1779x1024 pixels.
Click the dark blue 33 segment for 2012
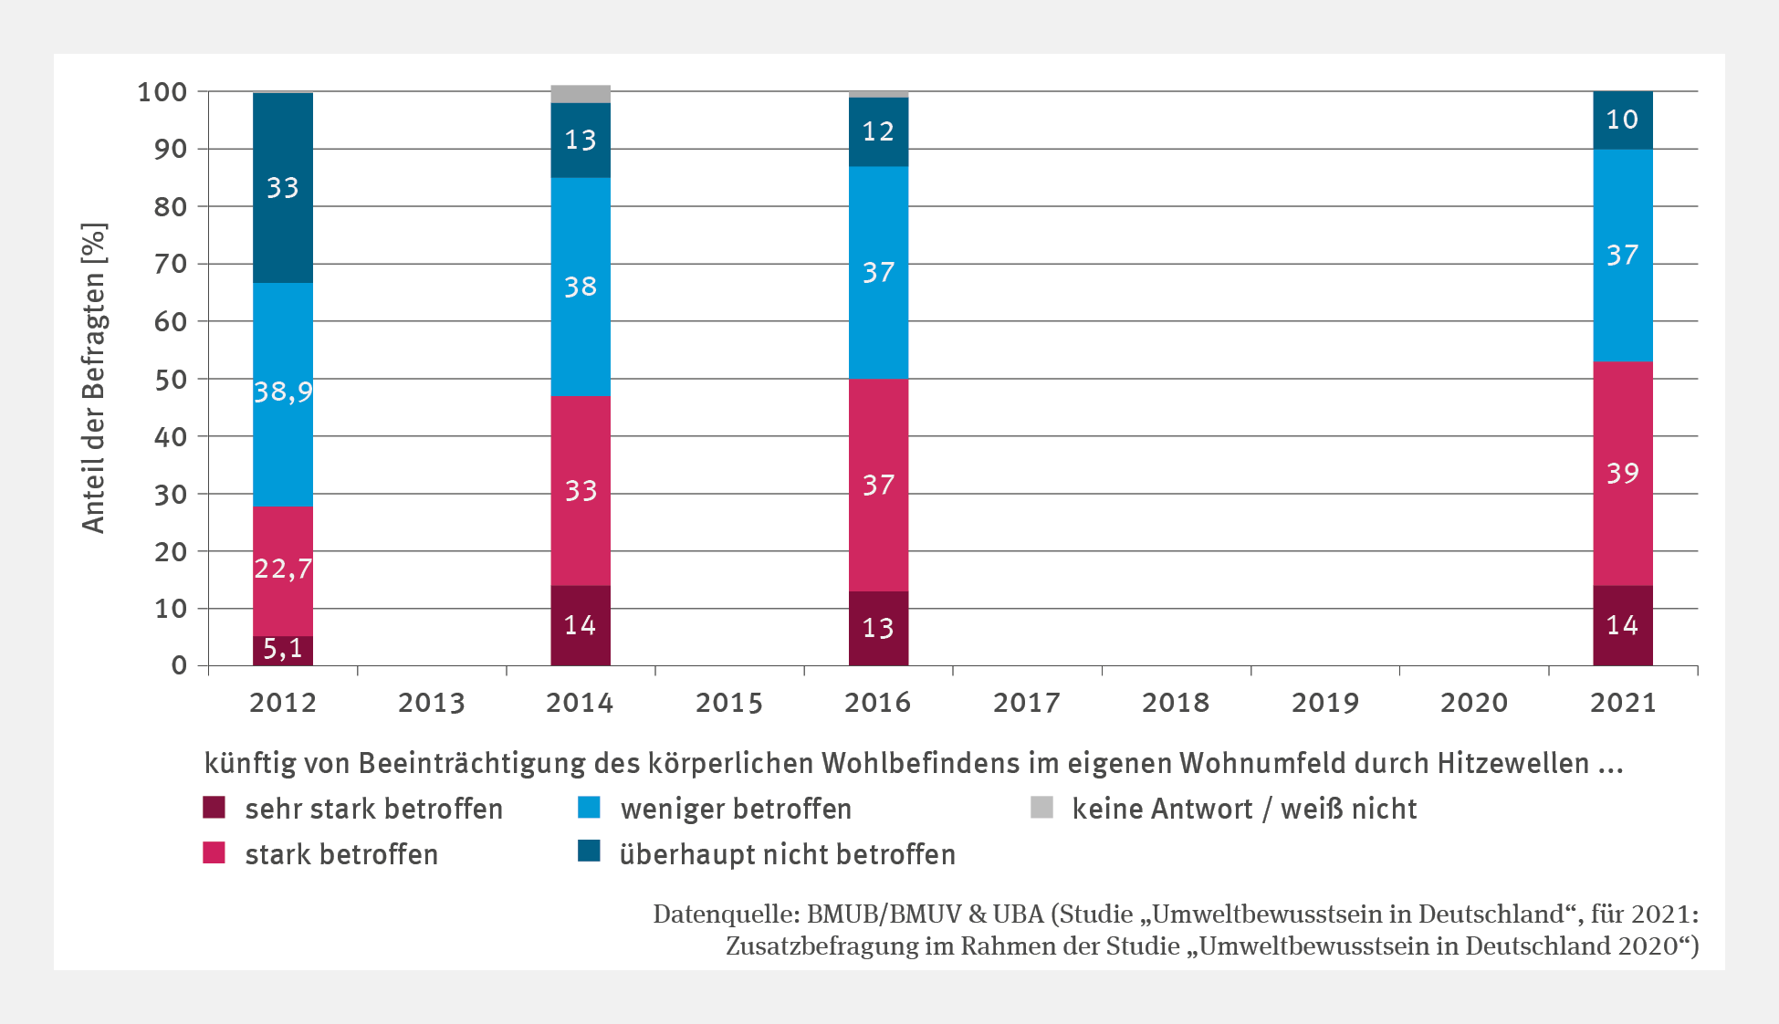(x=283, y=188)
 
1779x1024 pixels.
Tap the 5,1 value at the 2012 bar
(x=283, y=650)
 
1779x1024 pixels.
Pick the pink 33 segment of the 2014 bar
(x=581, y=491)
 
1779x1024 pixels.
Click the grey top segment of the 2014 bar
(x=581, y=94)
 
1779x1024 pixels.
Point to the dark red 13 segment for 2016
(x=878, y=628)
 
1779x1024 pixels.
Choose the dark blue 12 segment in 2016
(x=878, y=131)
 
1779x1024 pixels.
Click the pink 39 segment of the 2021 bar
(x=1622, y=473)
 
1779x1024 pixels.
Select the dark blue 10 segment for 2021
(x=1622, y=120)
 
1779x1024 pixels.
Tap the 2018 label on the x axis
(x=1176, y=703)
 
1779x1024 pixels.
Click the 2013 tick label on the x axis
(x=432, y=703)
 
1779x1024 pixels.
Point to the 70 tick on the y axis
(x=171, y=264)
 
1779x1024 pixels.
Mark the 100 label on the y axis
(x=162, y=91)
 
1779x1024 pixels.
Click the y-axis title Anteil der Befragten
(x=94, y=377)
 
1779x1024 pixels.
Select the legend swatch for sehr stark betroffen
(x=214, y=808)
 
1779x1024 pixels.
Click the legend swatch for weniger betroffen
(x=590, y=808)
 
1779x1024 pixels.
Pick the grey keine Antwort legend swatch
(x=1041, y=808)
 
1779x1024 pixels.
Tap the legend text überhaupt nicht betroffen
(x=787, y=854)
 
